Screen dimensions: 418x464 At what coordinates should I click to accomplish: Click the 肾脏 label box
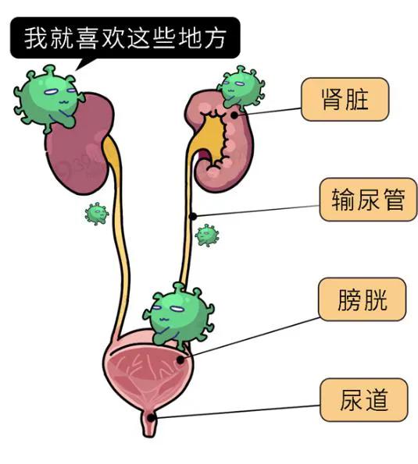point(345,100)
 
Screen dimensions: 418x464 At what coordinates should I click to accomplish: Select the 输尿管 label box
point(368,200)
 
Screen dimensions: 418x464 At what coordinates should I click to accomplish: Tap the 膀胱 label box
point(362,299)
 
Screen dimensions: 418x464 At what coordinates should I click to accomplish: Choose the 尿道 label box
point(364,400)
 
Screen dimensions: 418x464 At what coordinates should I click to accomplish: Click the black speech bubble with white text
point(125,37)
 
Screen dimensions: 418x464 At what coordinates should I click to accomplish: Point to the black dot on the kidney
point(234,115)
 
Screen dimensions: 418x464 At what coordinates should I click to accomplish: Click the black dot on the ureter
point(193,216)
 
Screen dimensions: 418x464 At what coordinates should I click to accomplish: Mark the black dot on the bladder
point(180,360)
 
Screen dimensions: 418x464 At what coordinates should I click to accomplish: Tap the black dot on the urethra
point(151,418)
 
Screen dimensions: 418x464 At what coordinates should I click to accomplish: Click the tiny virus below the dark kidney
point(97,214)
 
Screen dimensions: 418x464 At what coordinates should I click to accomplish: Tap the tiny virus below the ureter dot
point(207,236)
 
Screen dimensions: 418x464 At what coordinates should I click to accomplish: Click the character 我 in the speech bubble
point(36,38)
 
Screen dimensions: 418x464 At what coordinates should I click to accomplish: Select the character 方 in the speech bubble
point(216,38)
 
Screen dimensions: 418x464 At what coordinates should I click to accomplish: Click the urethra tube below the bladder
point(149,423)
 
